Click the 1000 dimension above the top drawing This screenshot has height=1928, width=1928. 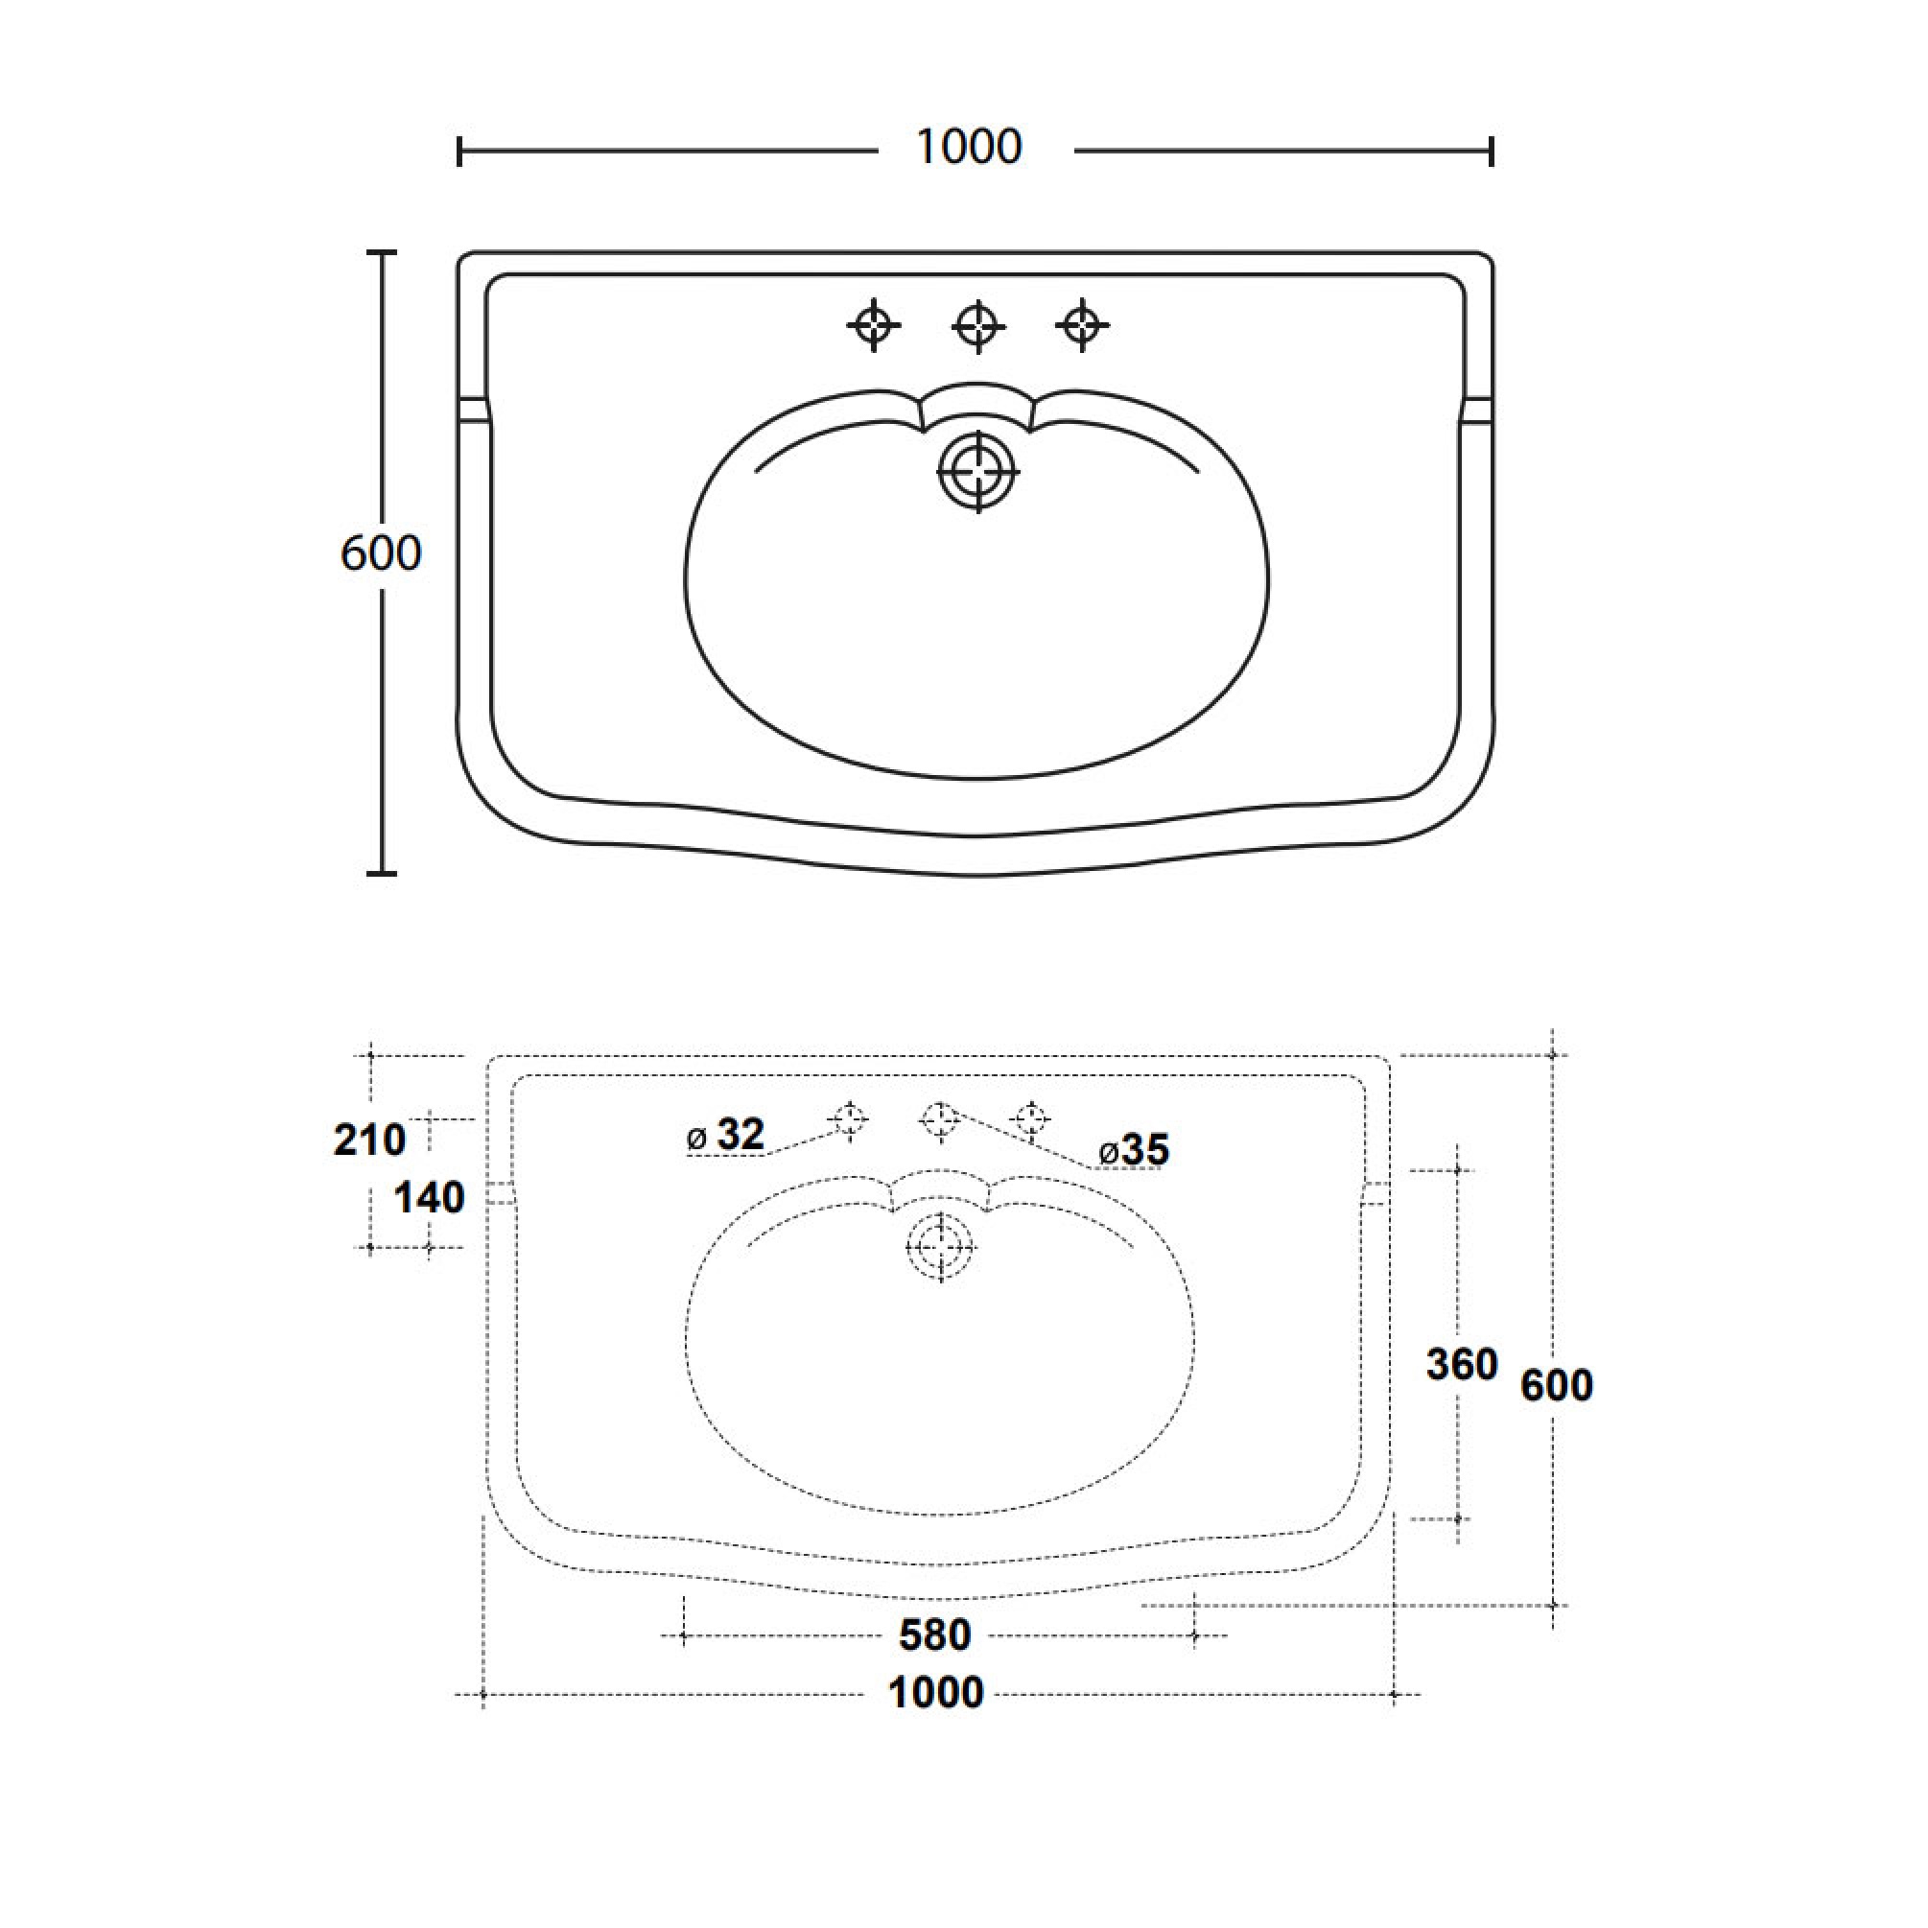click(x=968, y=148)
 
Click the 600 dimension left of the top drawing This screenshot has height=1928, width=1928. click(x=380, y=553)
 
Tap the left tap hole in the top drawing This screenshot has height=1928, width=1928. click(x=873, y=324)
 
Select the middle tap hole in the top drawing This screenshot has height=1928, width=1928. click(x=978, y=324)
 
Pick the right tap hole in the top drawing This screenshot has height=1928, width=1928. click(x=1083, y=324)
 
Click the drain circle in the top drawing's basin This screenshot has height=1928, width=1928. click(x=978, y=471)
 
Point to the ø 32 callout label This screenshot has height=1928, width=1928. click(x=726, y=1135)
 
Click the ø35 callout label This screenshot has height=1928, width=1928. click(x=1134, y=1151)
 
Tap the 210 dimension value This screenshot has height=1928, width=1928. click(x=369, y=1140)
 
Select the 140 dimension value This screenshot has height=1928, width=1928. click(x=429, y=1197)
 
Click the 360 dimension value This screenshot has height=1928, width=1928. click(x=1462, y=1365)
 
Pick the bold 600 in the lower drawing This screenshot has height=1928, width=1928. click(x=1557, y=1385)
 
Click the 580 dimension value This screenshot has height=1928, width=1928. click(x=935, y=1635)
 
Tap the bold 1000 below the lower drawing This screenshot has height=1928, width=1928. click(x=936, y=1694)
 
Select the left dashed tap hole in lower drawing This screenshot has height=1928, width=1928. click(x=849, y=1119)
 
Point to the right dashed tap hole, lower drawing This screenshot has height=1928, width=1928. click(x=1031, y=1119)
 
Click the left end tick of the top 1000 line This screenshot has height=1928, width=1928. click(x=459, y=152)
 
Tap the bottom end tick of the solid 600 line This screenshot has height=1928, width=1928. click(x=381, y=873)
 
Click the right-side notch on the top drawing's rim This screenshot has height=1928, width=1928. click(x=1478, y=411)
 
